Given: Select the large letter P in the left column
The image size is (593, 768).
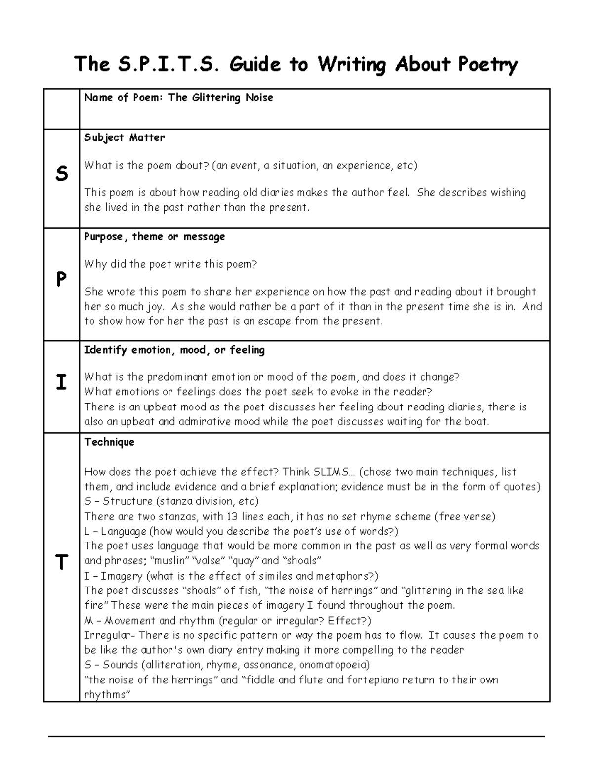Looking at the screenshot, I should click(61, 280).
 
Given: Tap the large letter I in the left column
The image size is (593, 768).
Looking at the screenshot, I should click(61, 383).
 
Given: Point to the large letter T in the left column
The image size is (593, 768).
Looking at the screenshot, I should click(61, 563).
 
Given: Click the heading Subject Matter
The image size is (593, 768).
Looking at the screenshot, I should click(125, 137).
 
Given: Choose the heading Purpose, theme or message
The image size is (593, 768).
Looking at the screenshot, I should click(155, 237).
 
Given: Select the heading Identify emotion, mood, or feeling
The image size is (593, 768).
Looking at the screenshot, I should click(174, 350).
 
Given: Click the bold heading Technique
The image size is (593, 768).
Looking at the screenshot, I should click(109, 442).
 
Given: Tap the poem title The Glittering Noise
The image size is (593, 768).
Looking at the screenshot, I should click(220, 98).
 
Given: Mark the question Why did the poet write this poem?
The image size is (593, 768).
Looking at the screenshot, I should click(171, 264).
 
